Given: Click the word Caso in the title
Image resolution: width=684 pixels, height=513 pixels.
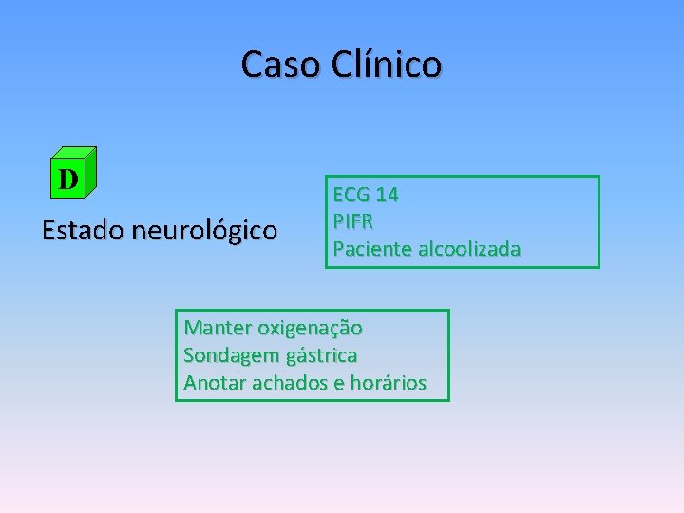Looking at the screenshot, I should [282, 65].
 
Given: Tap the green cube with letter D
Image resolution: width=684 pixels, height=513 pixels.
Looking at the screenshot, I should [72, 173].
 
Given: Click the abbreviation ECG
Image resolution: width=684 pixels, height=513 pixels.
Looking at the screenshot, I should [351, 195].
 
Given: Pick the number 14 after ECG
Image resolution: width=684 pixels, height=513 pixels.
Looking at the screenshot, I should [387, 195].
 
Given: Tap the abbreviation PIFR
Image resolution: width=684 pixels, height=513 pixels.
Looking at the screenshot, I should [352, 221].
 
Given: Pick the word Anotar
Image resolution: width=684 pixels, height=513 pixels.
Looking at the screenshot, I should [213, 383].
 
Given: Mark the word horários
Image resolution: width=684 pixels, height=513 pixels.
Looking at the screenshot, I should [388, 383].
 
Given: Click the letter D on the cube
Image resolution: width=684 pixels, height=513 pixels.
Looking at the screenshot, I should [67, 178].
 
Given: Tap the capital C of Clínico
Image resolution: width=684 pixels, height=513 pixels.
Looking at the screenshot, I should [345, 65].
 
